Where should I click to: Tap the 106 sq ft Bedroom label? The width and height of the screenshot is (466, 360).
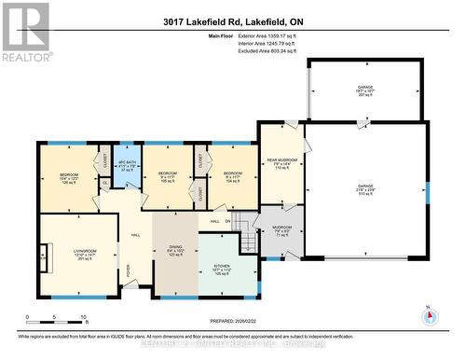tap(168, 177)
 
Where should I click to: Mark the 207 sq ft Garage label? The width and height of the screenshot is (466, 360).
tap(364, 91)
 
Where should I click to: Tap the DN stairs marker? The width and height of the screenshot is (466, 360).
tap(226, 221)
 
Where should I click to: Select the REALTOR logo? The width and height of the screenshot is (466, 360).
tap(24, 33)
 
